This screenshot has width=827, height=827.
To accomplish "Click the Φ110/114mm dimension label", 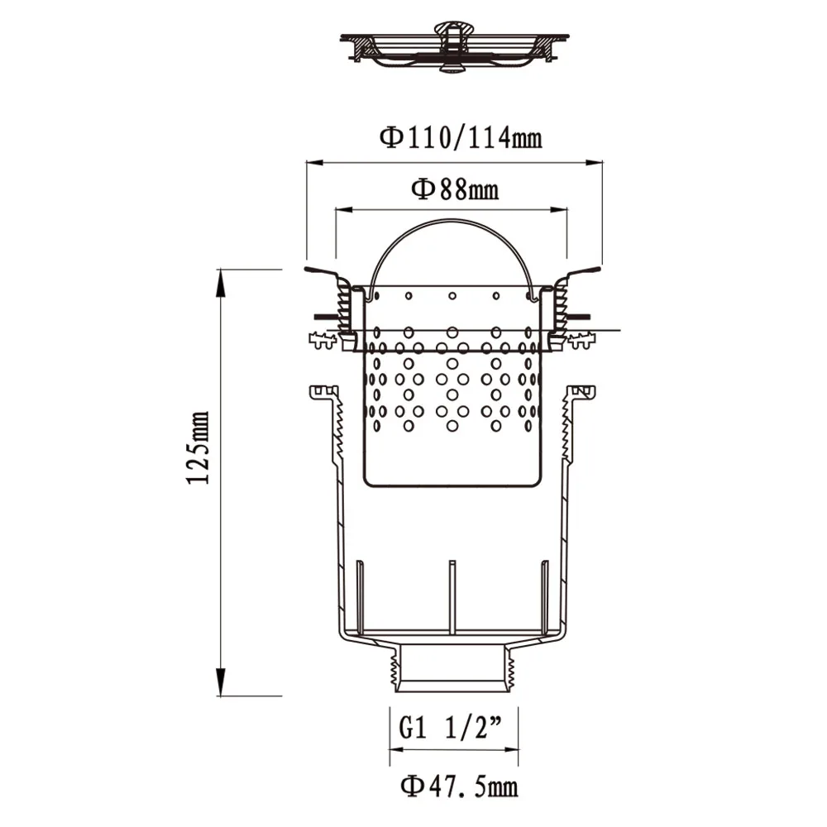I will pos(461,137).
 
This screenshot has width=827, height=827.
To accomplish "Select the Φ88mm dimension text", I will pos(455,190).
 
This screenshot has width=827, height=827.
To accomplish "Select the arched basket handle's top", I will pos(451,221).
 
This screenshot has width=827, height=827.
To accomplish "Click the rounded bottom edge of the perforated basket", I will pos(452,485).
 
